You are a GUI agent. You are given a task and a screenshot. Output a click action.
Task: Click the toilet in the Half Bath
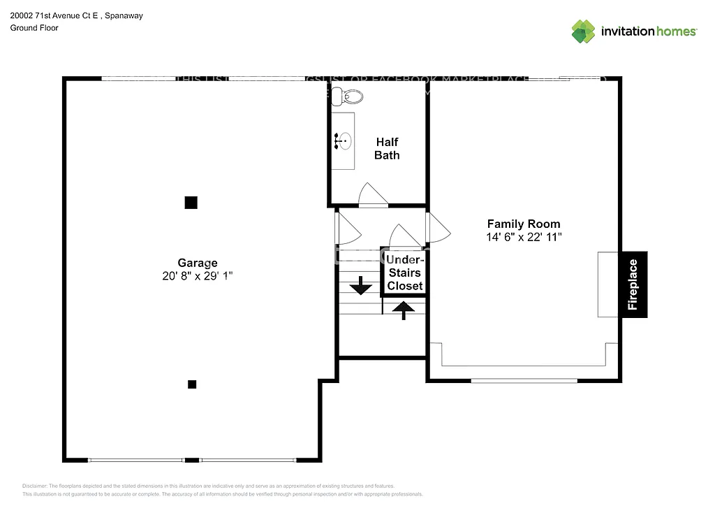pyautogui.click(x=346, y=96)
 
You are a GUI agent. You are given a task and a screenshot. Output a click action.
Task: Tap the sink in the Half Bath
pyautogui.click(x=343, y=140)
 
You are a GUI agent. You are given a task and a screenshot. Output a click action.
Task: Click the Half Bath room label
pyautogui.click(x=387, y=149)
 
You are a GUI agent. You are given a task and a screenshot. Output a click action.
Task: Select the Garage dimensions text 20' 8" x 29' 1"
pyautogui.click(x=197, y=276)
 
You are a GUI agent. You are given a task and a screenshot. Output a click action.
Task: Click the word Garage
pyautogui.click(x=197, y=263)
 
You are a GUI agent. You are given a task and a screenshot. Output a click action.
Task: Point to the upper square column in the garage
pyautogui.click(x=191, y=203)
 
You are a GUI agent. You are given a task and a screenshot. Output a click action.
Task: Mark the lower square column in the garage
pyautogui.click(x=192, y=384)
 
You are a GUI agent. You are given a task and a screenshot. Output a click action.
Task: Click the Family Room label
pyautogui.click(x=523, y=224)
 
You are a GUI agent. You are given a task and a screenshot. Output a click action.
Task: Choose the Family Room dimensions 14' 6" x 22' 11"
pyautogui.click(x=523, y=237)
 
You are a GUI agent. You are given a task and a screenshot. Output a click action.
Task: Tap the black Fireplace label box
pyautogui.click(x=633, y=284)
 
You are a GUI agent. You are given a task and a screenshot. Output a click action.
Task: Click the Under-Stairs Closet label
pyautogui.click(x=405, y=273)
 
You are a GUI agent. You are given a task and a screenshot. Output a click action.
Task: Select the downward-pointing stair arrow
pyautogui.click(x=361, y=285)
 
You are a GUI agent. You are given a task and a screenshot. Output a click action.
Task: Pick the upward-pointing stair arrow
pyautogui.click(x=404, y=308)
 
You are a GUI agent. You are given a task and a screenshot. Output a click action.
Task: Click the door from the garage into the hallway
pyautogui.click(x=347, y=228)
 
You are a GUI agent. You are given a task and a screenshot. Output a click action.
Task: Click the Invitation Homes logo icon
pyautogui.click(x=583, y=31)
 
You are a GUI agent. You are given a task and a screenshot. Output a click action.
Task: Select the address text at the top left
pyautogui.click(x=76, y=15)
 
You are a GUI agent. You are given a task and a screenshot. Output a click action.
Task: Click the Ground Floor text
pyautogui.click(x=34, y=28)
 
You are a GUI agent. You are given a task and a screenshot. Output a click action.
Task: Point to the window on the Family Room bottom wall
pyautogui.click(x=524, y=380)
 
